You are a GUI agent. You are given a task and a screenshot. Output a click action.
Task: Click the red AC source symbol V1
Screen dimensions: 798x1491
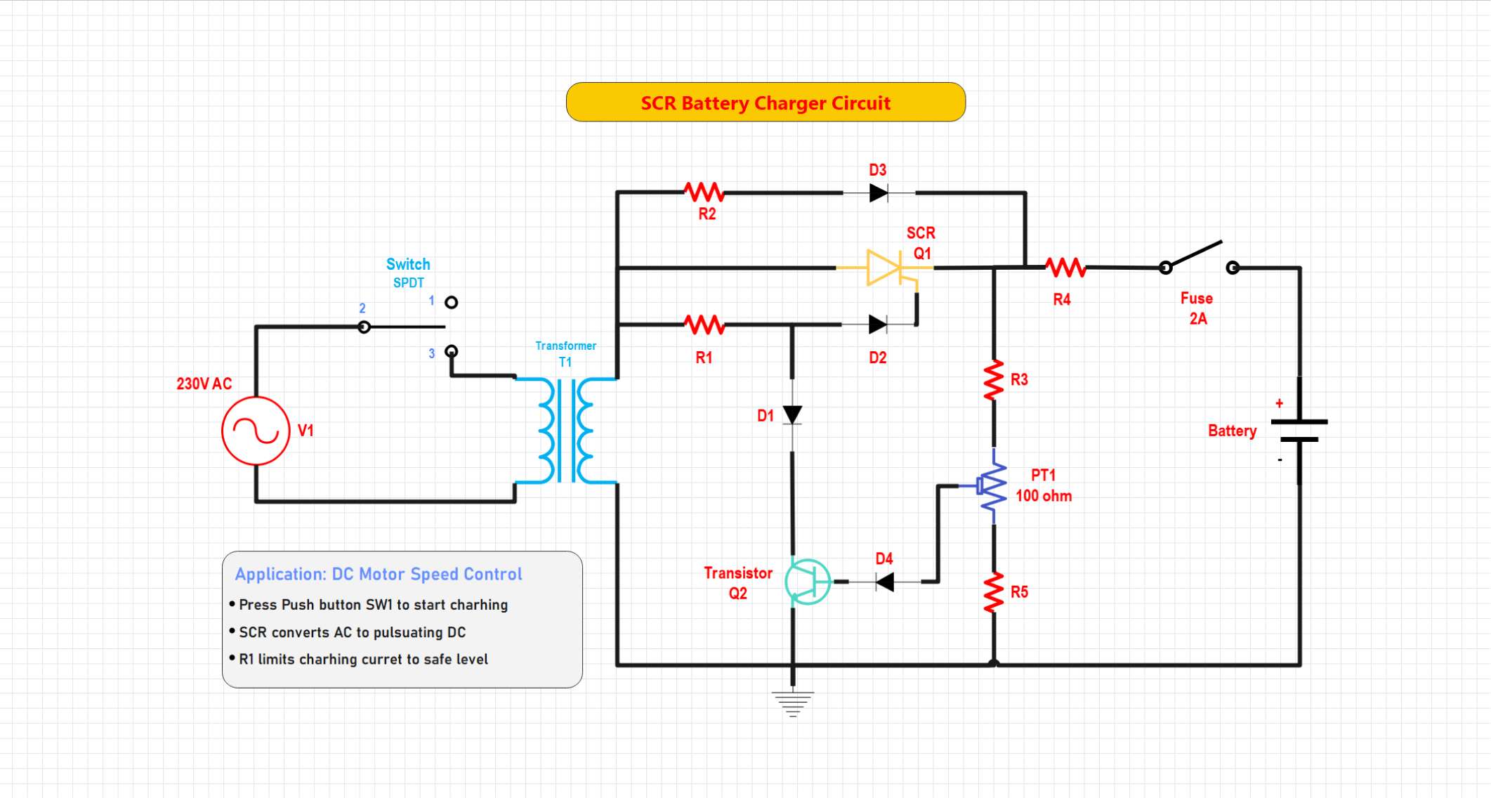click(256, 431)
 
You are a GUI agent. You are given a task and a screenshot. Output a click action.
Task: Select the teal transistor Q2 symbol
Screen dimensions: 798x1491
click(808, 582)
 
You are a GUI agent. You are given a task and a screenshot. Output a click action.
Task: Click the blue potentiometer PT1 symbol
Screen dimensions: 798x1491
click(992, 486)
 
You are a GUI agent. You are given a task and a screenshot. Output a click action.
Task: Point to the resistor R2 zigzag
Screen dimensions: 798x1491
click(704, 192)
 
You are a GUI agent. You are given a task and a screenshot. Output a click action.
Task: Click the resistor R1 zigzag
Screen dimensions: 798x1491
click(704, 325)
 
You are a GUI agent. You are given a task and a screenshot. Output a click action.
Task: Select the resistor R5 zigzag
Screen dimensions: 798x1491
click(994, 592)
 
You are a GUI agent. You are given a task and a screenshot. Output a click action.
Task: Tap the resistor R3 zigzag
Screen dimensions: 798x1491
click(994, 380)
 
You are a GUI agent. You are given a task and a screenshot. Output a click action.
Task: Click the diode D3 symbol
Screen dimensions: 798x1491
click(878, 192)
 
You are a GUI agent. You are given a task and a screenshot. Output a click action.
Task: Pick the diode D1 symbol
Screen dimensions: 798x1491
click(792, 415)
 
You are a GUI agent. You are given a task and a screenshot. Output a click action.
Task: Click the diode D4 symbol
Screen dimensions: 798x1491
click(885, 582)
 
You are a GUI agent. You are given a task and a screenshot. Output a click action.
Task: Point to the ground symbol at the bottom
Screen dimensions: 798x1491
click(793, 702)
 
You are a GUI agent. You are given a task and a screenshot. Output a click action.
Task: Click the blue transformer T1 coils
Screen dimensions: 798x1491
click(566, 431)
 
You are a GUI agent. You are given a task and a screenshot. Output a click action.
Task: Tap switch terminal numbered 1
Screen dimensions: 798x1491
click(452, 302)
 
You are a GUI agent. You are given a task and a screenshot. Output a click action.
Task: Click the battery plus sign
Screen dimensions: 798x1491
click(1279, 403)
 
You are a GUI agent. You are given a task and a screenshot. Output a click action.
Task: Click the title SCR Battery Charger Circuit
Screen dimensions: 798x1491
click(766, 103)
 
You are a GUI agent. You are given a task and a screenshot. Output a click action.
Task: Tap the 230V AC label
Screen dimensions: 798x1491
click(204, 384)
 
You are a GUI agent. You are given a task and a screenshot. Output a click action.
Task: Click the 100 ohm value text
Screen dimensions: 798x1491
click(1044, 496)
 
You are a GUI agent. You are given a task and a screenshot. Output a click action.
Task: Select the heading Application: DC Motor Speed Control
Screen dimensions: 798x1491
click(379, 574)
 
